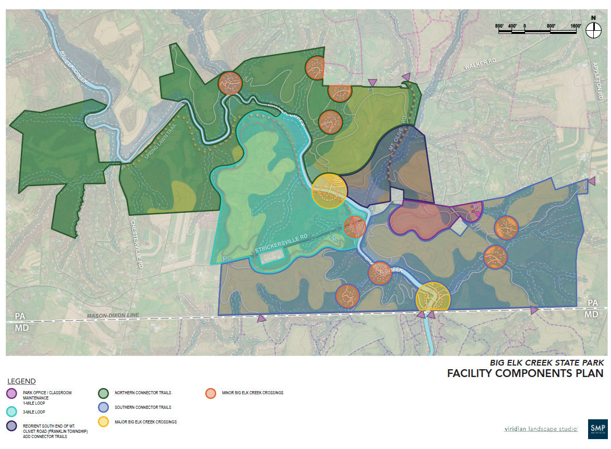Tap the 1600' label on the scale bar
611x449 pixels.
click(576, 26)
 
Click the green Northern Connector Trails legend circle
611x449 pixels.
click(104, 393)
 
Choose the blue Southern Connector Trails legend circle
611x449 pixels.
click(104, 407)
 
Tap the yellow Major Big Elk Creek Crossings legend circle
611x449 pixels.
click(104, 421)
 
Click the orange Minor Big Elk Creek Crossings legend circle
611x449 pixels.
click(210, 393)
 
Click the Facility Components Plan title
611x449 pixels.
click(525, 373)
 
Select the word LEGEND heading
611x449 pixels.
click(21, 381)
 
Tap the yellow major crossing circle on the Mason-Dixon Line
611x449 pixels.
click(433, 296)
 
